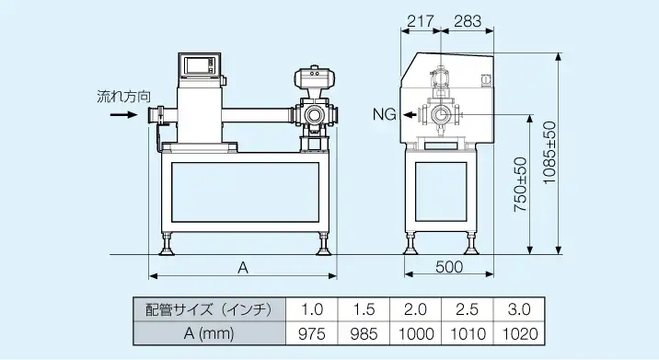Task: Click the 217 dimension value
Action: (421, 20)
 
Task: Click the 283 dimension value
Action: (468, 20)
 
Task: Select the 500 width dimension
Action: (449, 267)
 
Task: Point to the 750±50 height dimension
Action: (520, 184)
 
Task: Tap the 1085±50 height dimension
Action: (549, 152)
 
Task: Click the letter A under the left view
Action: (243, 268)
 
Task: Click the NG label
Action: (385, 114)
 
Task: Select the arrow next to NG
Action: (410, 114)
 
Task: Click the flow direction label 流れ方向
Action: (123, 97)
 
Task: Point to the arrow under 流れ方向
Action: (124, 114)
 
